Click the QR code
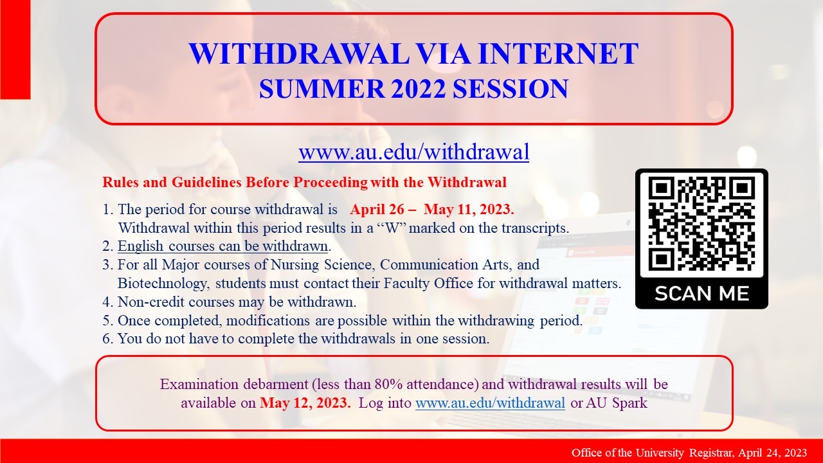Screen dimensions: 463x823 (701, 223)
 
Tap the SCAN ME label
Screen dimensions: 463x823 (701, 294)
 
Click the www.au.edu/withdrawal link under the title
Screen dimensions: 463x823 (413, 152)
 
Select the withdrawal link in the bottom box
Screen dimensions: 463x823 (490, 404)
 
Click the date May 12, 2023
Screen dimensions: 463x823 (305, 404)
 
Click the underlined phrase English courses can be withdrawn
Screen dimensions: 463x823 (223, 246)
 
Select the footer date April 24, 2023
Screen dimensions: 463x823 (773, 453)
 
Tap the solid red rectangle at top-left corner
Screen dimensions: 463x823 (15, 50)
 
